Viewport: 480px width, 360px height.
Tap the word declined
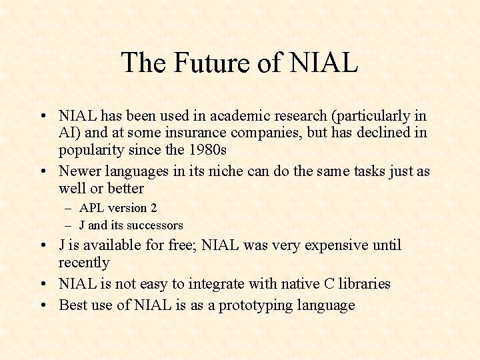(x=379, y=133)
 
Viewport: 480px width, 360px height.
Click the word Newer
(x=79, y=171)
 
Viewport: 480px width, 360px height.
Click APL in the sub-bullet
(x=91, y=208)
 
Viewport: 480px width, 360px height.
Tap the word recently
(x=84, y=263)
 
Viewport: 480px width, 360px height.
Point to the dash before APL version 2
(x=69, y=208)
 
